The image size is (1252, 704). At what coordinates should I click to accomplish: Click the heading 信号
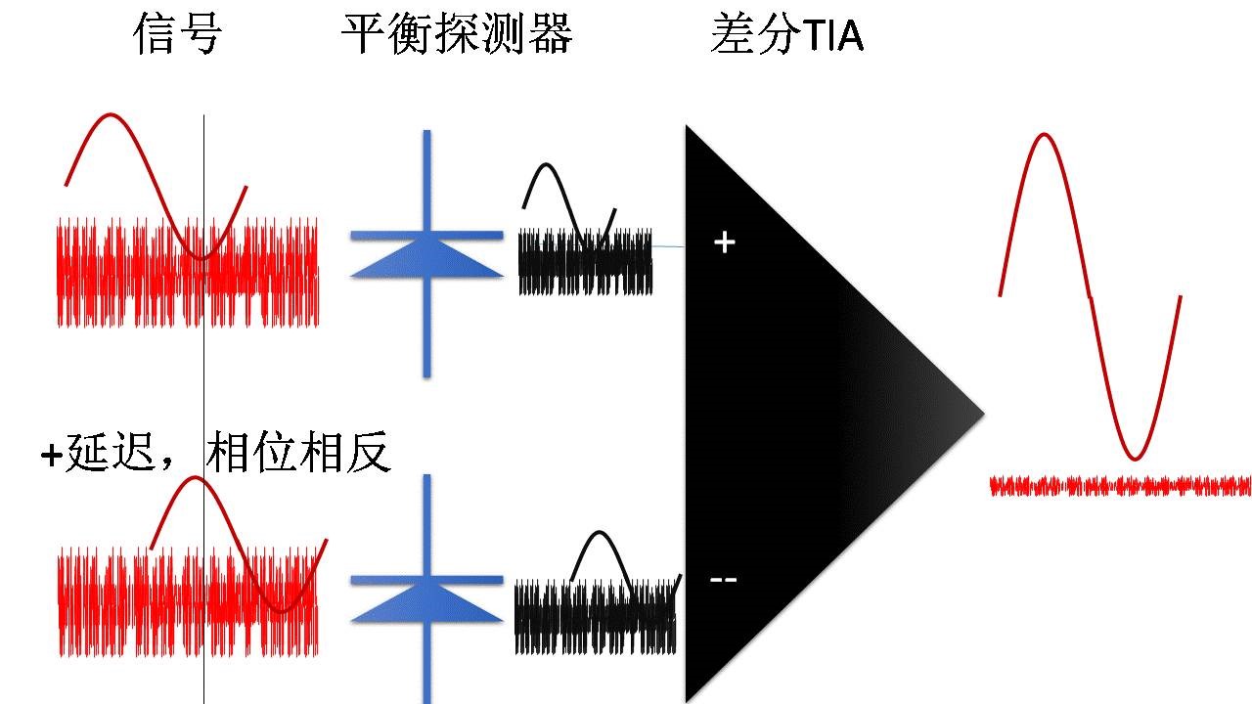coord(178,36)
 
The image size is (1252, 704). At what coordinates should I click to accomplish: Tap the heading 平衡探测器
coord(457,36)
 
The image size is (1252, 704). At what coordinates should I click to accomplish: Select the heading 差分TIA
coord(787,36)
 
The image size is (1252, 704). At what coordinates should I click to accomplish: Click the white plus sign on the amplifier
coord(724,242)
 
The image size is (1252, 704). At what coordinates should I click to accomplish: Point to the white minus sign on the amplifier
coord(724,580)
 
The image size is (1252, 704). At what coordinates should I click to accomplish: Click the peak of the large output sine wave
coord(1045,135)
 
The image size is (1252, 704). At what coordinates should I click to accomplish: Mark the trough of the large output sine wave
coord(1133,458)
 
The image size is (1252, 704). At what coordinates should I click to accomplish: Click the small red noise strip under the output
coord(1120,486)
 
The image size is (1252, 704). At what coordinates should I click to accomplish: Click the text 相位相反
coord(298,454)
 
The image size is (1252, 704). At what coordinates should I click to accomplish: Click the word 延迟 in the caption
coord(108,454)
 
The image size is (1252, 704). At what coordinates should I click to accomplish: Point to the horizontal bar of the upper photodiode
coord(426,236)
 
